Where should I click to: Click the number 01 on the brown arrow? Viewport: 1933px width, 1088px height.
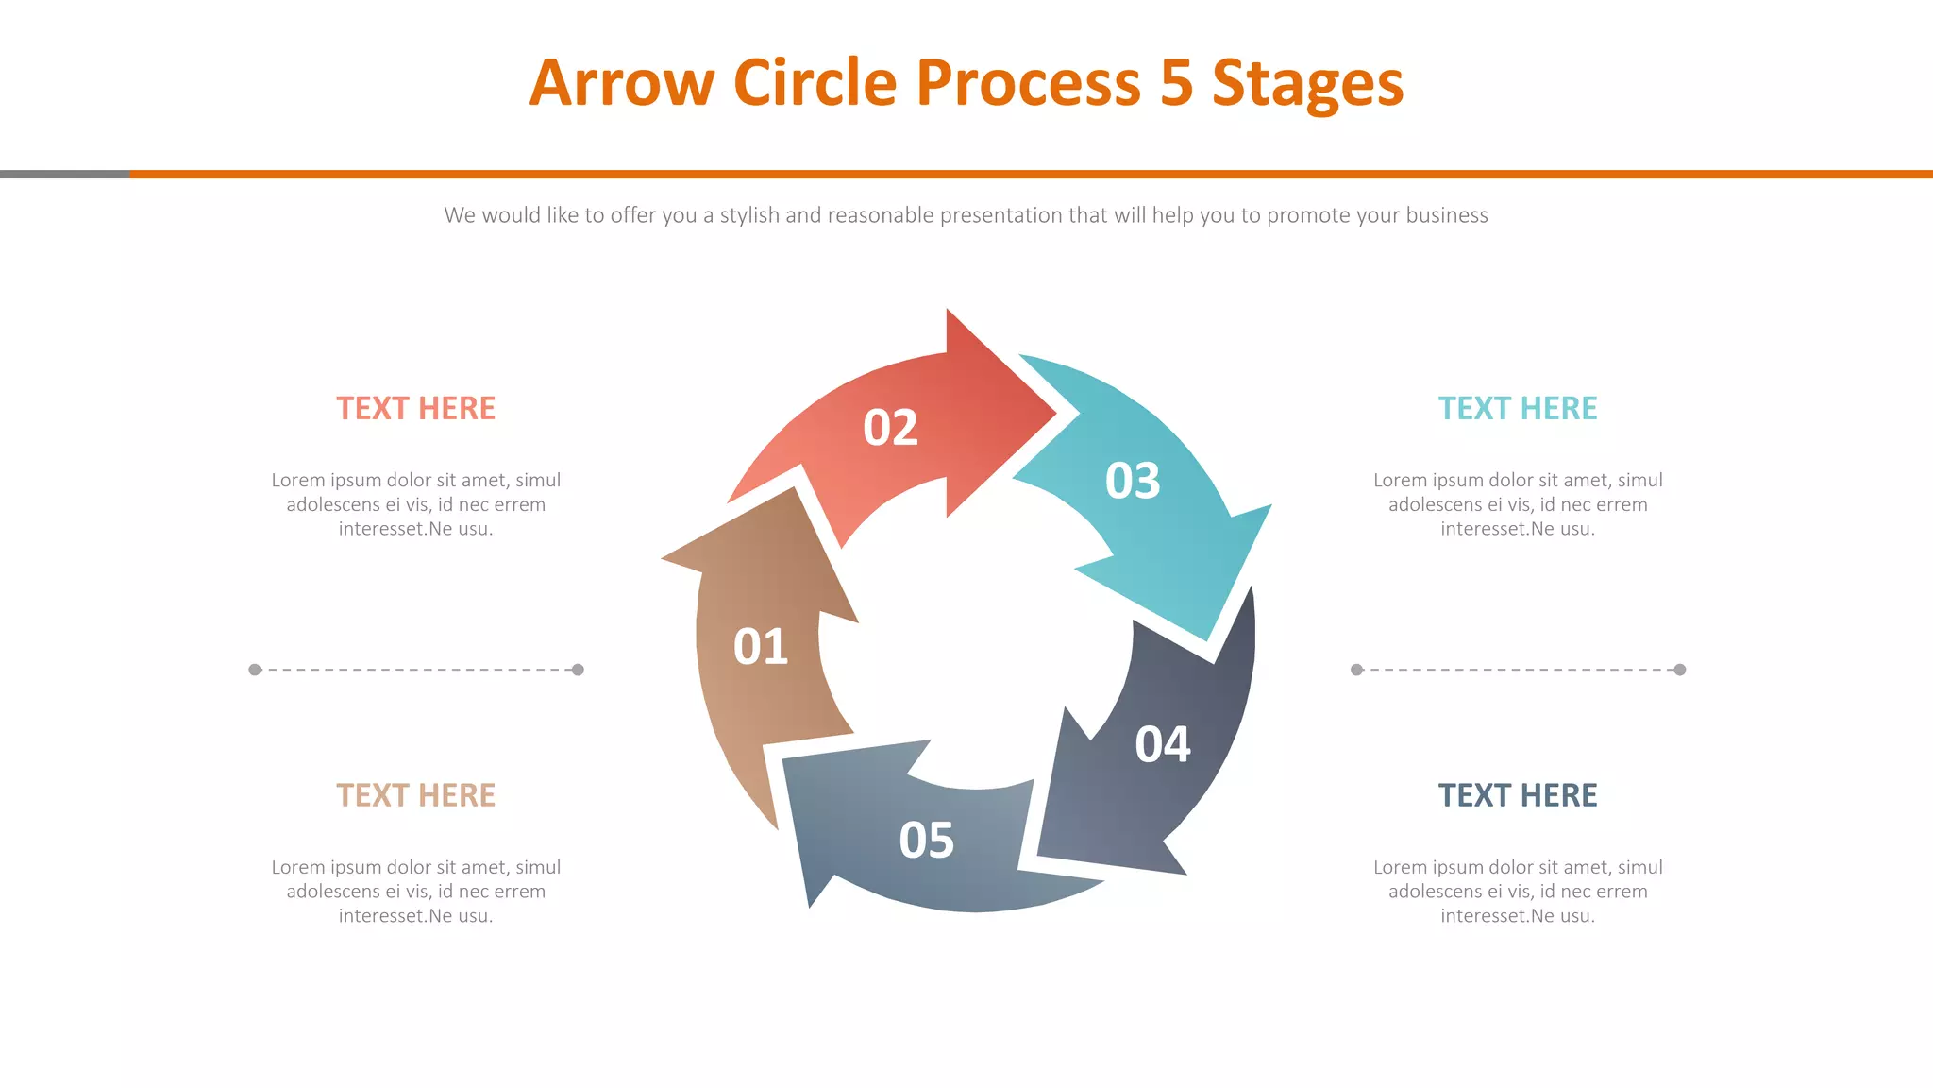pos(761,647)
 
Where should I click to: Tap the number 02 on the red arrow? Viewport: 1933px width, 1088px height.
pos(890,428)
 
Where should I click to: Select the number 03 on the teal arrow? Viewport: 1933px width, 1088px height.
pos(1133,481)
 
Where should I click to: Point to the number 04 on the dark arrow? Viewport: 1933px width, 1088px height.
pos(1163,744)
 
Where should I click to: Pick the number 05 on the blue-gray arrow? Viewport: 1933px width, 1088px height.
pos(926,840)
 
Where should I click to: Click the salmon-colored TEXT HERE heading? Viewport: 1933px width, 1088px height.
pos(415,408)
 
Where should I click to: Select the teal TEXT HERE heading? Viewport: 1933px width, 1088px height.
pos(1517,408)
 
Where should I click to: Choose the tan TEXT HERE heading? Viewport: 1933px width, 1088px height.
pos(415,795)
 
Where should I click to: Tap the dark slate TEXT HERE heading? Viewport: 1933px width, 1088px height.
pos(1517,795)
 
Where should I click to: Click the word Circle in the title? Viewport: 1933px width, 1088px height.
pos(815,83)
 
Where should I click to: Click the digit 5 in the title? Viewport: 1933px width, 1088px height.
pos(1176,83)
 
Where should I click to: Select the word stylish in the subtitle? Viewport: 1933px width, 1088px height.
pos(749,215)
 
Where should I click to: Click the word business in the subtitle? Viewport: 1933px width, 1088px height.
pos(1446,215)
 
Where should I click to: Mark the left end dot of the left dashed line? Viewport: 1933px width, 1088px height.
pos(255,670)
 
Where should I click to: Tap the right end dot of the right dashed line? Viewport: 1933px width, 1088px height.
pos(1679,670)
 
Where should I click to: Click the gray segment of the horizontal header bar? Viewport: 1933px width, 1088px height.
pos(64,174)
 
